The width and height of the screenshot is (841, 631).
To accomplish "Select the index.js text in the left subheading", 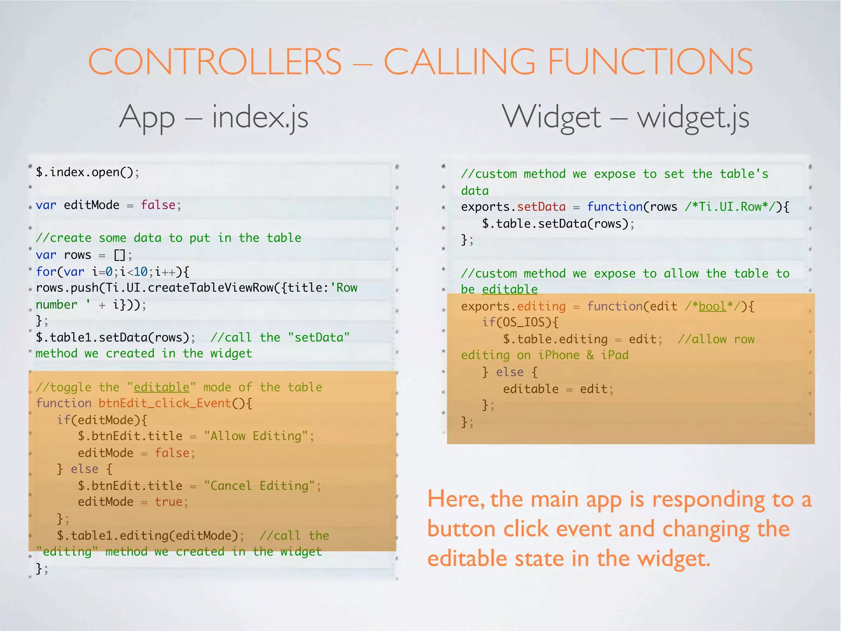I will point(260,117).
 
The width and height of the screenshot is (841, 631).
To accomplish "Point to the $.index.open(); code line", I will point(87,172).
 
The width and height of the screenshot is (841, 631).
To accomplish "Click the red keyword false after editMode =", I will point(158,205).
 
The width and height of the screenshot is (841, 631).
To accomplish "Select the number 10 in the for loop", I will point(140,272).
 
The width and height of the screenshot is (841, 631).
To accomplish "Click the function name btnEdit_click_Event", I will point(165,403).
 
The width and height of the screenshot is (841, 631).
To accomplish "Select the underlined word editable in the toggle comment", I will point(161,387).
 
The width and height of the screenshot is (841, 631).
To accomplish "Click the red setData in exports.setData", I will point(541,207).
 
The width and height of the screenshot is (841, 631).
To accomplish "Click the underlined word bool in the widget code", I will point(712,306).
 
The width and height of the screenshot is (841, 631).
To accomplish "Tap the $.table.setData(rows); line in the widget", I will point(558,224).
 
